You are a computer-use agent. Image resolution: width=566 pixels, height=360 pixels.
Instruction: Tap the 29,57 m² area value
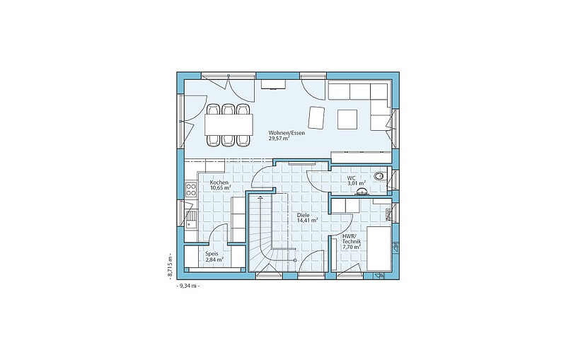click(279, 138)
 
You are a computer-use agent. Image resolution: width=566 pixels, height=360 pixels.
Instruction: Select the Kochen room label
click(219, 182)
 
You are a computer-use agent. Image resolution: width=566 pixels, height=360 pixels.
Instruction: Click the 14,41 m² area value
click(307, 220)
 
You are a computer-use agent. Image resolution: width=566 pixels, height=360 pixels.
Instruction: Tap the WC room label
click(352, 178)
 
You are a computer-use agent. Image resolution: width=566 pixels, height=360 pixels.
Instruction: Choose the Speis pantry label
click(212, 254)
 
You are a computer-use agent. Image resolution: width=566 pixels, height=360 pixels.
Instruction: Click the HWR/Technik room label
click(352, 239)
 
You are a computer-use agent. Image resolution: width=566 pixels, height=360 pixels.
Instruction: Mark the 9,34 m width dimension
click(187, 286)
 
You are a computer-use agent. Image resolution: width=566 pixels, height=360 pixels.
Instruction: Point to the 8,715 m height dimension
click(169, 265)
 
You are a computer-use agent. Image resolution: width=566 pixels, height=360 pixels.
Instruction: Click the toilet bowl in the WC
click(379, 176)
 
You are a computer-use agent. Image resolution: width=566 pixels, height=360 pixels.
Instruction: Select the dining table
click(228, 124)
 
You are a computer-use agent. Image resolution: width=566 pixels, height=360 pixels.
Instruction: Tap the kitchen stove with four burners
click(191, 190)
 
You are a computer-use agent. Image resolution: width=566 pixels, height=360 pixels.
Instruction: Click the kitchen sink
click(190, 219)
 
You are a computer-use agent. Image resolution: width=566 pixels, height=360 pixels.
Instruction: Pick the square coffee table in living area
click(347, 120)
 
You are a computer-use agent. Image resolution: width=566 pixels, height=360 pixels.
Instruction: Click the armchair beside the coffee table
click(317, 117)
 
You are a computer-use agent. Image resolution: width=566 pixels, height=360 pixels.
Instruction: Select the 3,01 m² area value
click(357, 183)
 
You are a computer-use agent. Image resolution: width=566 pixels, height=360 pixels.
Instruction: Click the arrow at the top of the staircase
click(260, 197)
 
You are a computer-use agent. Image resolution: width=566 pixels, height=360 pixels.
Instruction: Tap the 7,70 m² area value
click(351, 247)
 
